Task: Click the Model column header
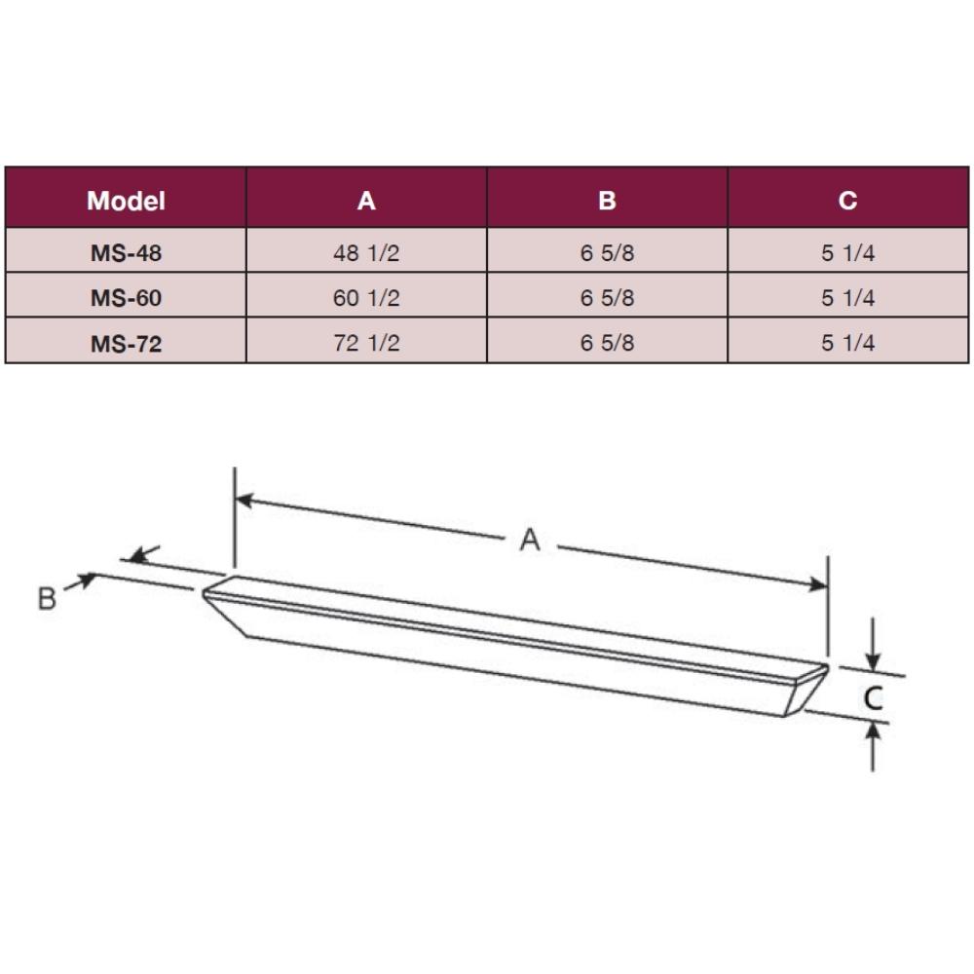(x=126, y=201)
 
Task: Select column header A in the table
(x=366, y=201)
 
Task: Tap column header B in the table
(x=607, y=201)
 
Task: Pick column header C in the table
(x=847, y=201)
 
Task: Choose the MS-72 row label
(x=126, y=344)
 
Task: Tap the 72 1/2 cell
(x=366, y=344)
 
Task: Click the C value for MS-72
(x=847, y=344)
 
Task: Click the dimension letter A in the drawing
(x=529, y=540)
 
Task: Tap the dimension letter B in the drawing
(x=47, y=598)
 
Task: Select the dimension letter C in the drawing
(x=875, y=696)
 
